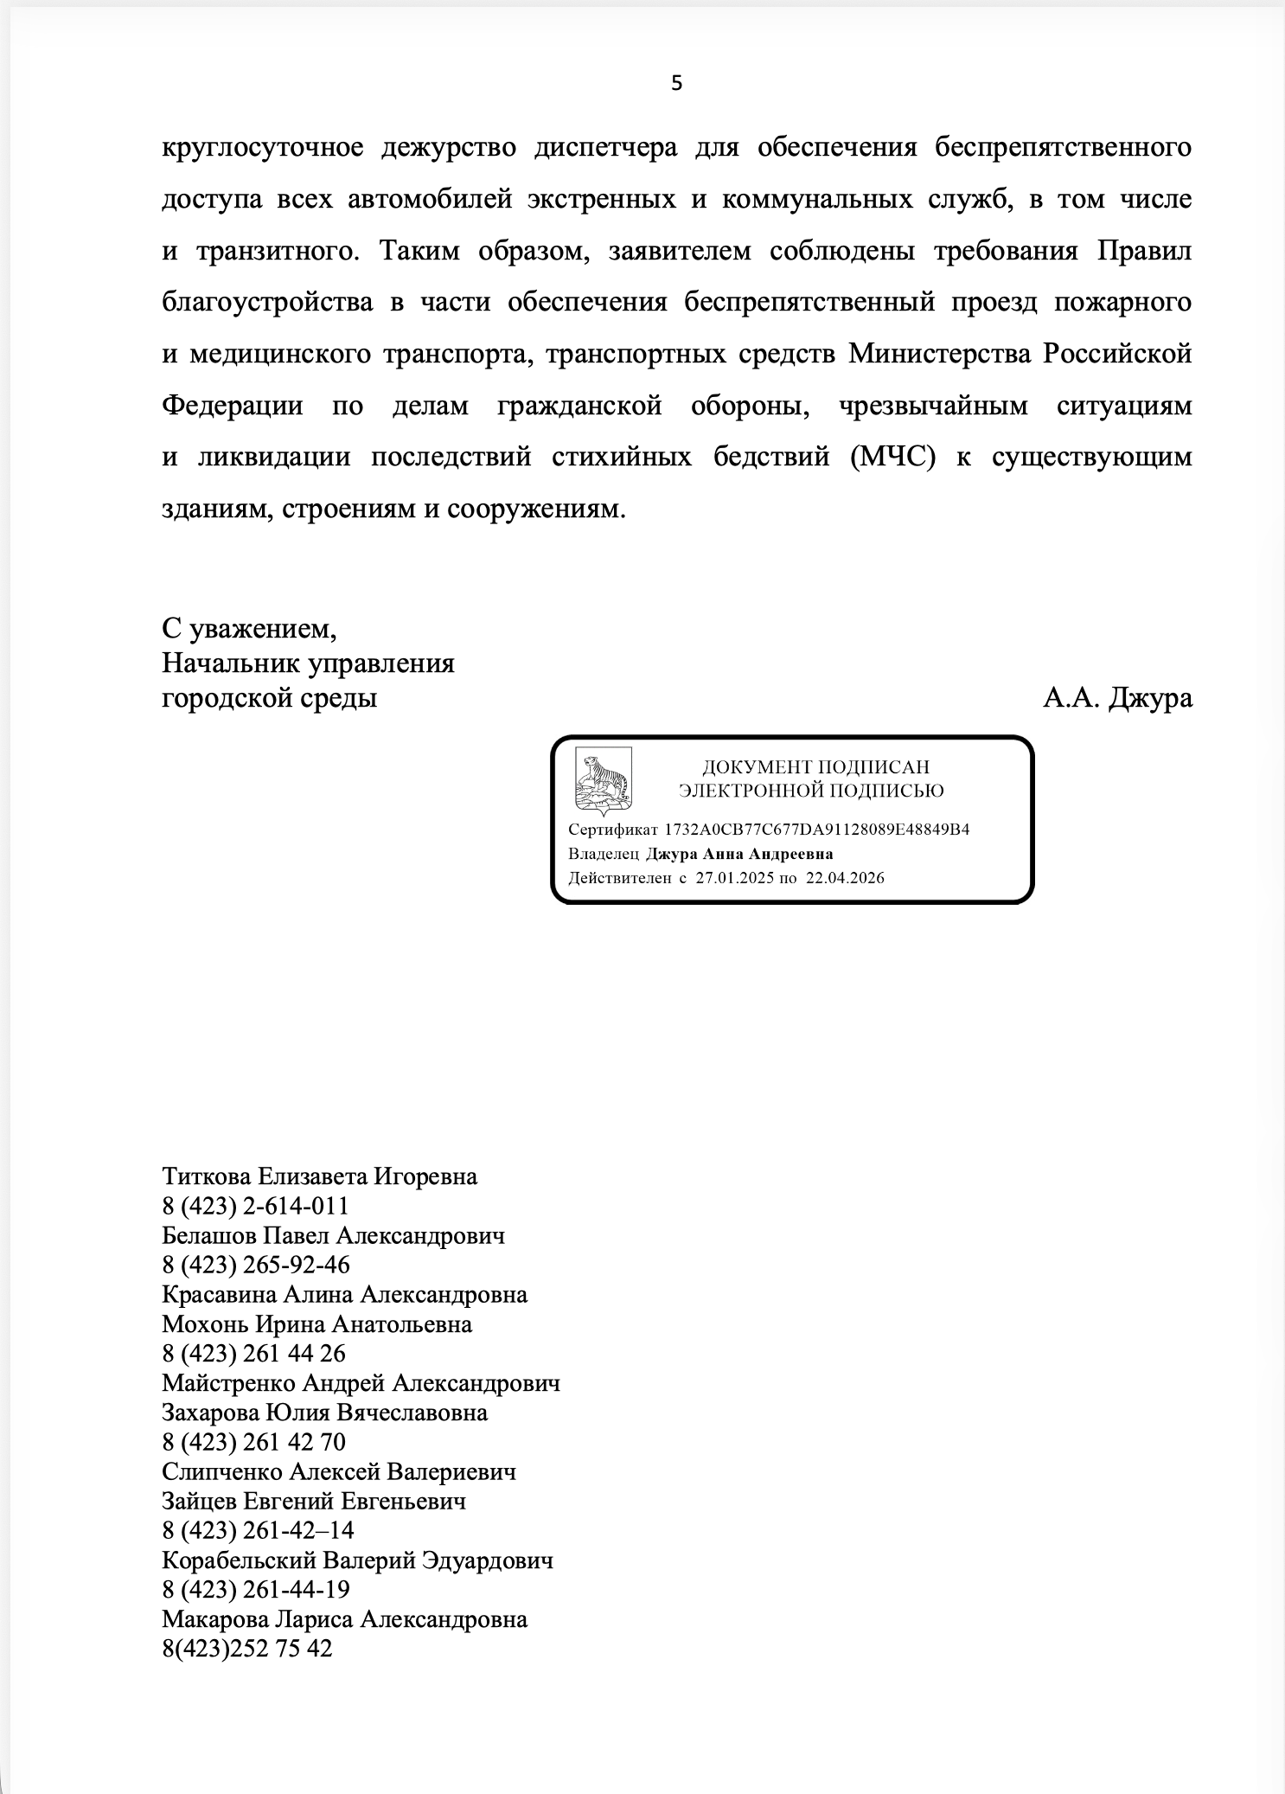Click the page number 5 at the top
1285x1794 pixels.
tap(676, 83)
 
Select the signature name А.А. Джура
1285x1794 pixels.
tap(1117, 697)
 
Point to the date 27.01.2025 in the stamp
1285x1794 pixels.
tap(734, 878)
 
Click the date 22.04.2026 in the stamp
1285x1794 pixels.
tap(845, 878)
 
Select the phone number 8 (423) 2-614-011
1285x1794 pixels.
tap(255, 1206)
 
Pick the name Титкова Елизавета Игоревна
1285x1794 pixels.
tap(319, 1176)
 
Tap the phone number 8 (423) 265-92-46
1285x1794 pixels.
tap(256, 1265)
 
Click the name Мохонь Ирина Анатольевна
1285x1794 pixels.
tap(316, 1324)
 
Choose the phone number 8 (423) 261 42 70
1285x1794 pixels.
tap(253, 1442)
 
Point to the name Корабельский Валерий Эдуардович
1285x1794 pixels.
tap(357, 1560)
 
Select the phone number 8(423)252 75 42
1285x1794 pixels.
tap(246, 1649)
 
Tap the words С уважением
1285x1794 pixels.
tap(249, 629)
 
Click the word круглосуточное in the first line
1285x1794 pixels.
tap(262, 148)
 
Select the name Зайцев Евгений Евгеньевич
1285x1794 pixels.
tap(313, 1501)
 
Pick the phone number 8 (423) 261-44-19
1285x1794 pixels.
tap(256, 1590)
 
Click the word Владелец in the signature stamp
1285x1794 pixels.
tap(604, 854)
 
